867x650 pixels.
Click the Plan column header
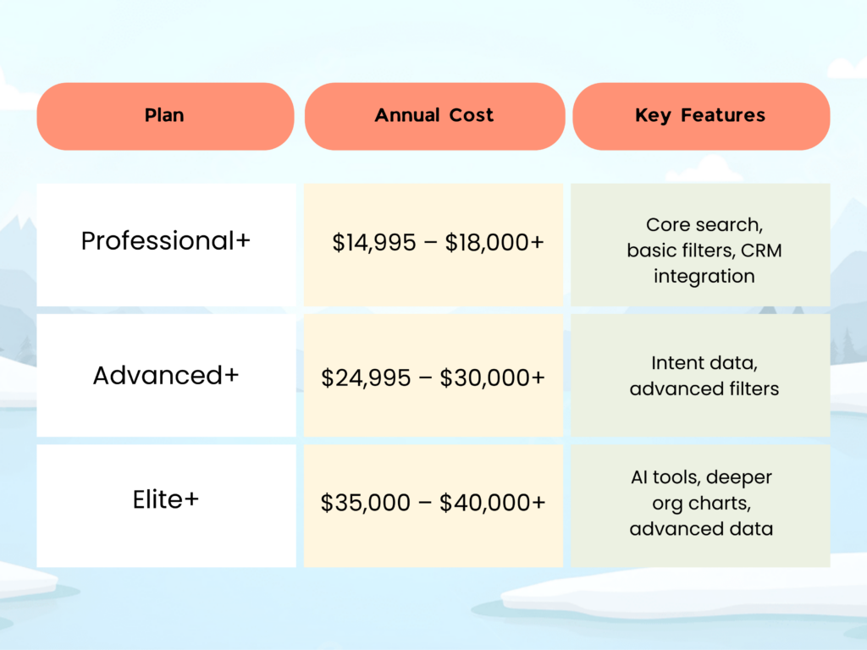click(x=164, y=116)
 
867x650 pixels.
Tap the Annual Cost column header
click(x=433, y=116)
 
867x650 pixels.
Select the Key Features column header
click(x=700, y=116)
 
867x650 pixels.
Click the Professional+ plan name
click(x=166, y=241)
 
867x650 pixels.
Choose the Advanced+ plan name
click(x=166, y=375)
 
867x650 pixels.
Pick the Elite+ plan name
click(x=166, y=499)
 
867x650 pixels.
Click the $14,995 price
click(x=374, y=244)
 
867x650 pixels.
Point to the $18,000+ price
click(x=494, y=244)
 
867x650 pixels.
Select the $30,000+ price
click(x=493, y=377)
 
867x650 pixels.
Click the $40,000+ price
click(x=493, y=503)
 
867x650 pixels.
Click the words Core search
click(x=703, y=225)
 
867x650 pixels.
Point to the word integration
click(x=704, y=276)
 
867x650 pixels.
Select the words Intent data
click(x=704, y=363)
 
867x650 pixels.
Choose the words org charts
click(x=700, y=503)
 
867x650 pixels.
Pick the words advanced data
click(x=700, y=529)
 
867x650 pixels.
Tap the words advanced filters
click(x=704, y=389)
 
